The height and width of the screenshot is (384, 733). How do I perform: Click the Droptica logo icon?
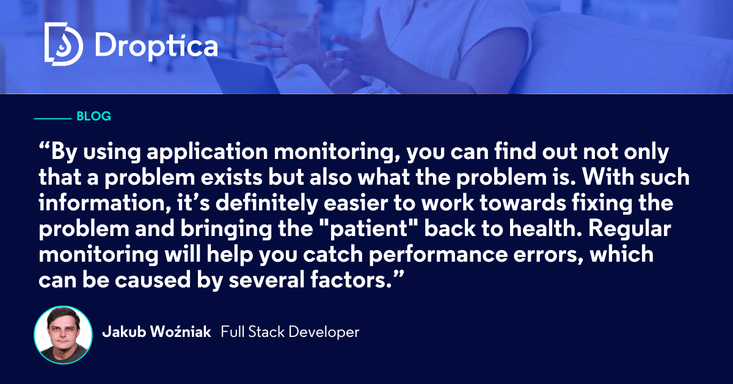click(x=63, y=44)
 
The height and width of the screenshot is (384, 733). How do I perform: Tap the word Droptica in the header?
click(x=156, y=45)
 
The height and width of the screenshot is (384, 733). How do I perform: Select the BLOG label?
click(x=93, y=116)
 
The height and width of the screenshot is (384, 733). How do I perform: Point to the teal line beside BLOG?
click(x=53, y=117)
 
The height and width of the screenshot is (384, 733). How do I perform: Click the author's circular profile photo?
click(x=63, y=334)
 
